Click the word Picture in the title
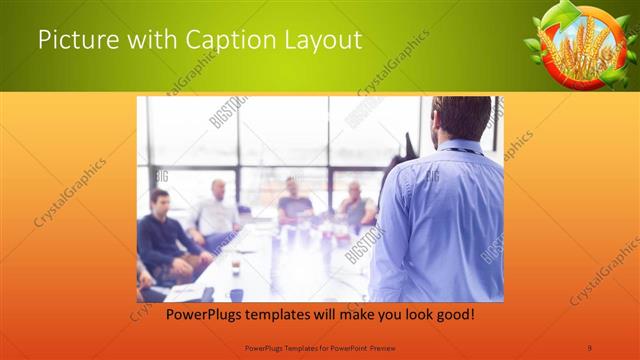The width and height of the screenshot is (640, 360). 74,41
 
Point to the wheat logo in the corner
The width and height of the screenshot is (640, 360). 575,46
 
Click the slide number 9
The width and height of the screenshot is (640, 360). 590,347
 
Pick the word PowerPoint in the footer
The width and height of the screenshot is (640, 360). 343,347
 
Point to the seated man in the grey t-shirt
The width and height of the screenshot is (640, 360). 294,204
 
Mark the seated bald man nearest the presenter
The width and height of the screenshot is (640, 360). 355,205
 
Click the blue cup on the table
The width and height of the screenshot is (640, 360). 237,294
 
